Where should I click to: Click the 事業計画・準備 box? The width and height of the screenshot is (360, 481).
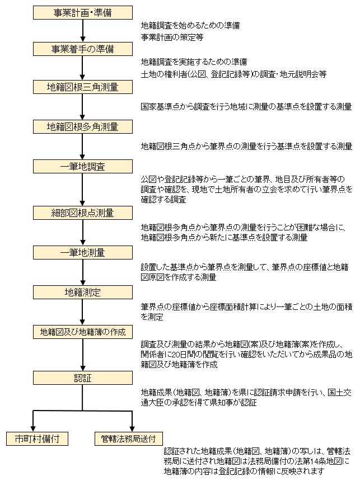(83, 12)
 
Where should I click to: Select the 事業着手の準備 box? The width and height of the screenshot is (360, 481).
(83, 49)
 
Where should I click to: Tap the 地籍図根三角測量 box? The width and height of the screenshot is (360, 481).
(83, 87)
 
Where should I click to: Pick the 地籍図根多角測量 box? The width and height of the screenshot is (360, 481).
(83, 127)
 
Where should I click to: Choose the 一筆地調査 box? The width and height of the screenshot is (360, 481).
(83, 166)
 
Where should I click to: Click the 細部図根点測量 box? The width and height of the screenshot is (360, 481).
(83, 213)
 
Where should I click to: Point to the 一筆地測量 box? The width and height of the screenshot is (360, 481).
(83, 252)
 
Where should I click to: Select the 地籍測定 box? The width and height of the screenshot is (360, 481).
(83, 292)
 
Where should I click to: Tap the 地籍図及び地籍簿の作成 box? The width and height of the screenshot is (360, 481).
(83, 332)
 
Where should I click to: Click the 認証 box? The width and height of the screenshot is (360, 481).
(83, 378)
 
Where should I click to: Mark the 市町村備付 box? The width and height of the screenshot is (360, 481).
(37, 438)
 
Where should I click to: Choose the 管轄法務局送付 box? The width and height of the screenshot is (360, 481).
(129, 438)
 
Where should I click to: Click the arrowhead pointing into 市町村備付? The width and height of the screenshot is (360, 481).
(33, 429)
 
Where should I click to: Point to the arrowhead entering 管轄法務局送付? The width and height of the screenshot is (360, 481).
(132, 429)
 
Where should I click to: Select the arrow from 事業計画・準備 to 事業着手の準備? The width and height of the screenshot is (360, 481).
(83, 31)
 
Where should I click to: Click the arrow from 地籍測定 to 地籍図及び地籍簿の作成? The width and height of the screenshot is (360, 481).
(83, 312)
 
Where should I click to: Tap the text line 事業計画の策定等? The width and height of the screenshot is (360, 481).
(172, 37)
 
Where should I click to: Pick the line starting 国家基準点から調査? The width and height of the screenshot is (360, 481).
(246, 107)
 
